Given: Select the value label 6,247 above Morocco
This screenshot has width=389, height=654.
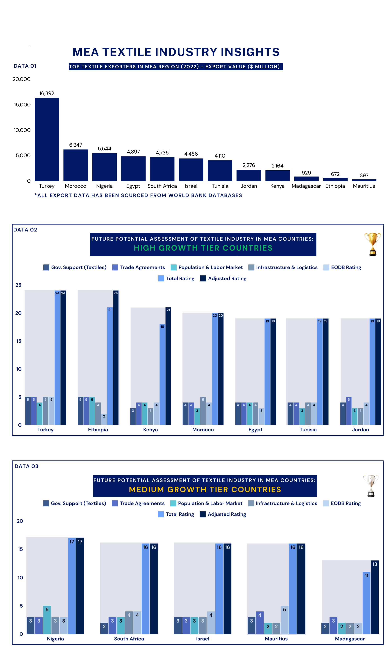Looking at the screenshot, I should pyautogui.click(x=75, y=145).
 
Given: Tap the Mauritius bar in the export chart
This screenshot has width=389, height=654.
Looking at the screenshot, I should pyautogui.click(x=364, y=180).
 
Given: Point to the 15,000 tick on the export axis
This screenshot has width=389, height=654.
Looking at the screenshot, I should pyautogui.click(x=22, y=105).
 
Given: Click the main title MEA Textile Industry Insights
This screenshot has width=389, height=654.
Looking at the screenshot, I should pyautogui.click(x=176, y=52).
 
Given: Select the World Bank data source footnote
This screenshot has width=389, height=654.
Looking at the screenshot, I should pyautogui.click(x=138, y=195).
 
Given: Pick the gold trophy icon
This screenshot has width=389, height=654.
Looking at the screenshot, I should pyautogui.click(x=372, y=244).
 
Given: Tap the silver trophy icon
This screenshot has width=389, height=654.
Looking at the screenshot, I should pyautogui.click(x=371, y=486).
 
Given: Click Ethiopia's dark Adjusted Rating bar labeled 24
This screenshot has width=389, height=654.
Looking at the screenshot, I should pyautogui.click(x=116, y=358).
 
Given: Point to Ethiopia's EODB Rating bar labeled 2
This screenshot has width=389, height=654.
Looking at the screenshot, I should pyautogui.click(x=104, y=419).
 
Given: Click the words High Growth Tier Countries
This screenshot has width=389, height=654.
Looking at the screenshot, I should pyautogui.click(x=203, y=248).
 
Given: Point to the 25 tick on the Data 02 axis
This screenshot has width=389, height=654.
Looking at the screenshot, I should pyautogui.click(x=18, y=285).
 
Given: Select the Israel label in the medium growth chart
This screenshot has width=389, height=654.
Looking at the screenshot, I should pyautogui.click(x=203, y=639).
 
